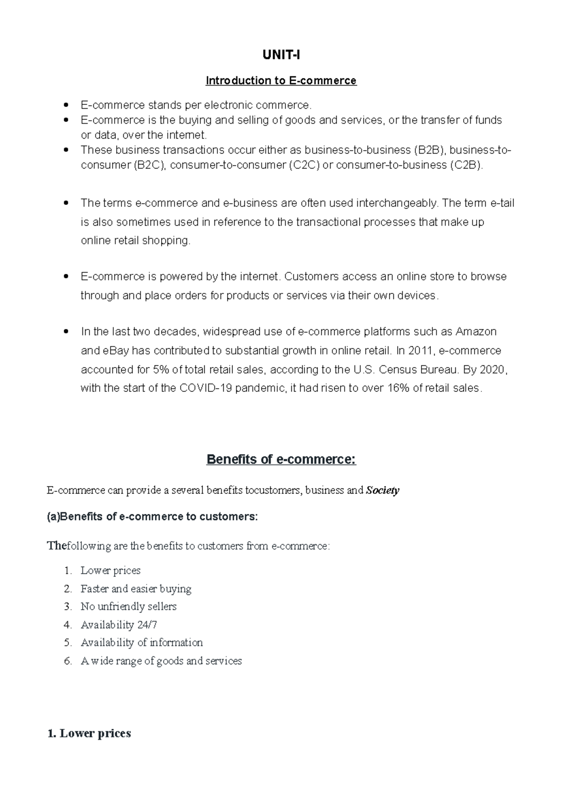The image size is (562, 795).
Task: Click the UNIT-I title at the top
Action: [281, 55]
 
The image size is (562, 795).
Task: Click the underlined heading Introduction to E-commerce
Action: [281, 81]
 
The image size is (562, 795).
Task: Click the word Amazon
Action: [476, 331]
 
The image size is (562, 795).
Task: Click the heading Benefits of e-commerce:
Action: [281, 459]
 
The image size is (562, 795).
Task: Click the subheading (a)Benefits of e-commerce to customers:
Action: [152, 516]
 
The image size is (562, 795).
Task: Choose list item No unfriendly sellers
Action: [128, 606]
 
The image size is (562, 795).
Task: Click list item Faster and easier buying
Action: [136, 589]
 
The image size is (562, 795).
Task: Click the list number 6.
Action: [68, 661]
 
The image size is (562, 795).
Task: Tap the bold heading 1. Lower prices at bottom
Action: [89, 733]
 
